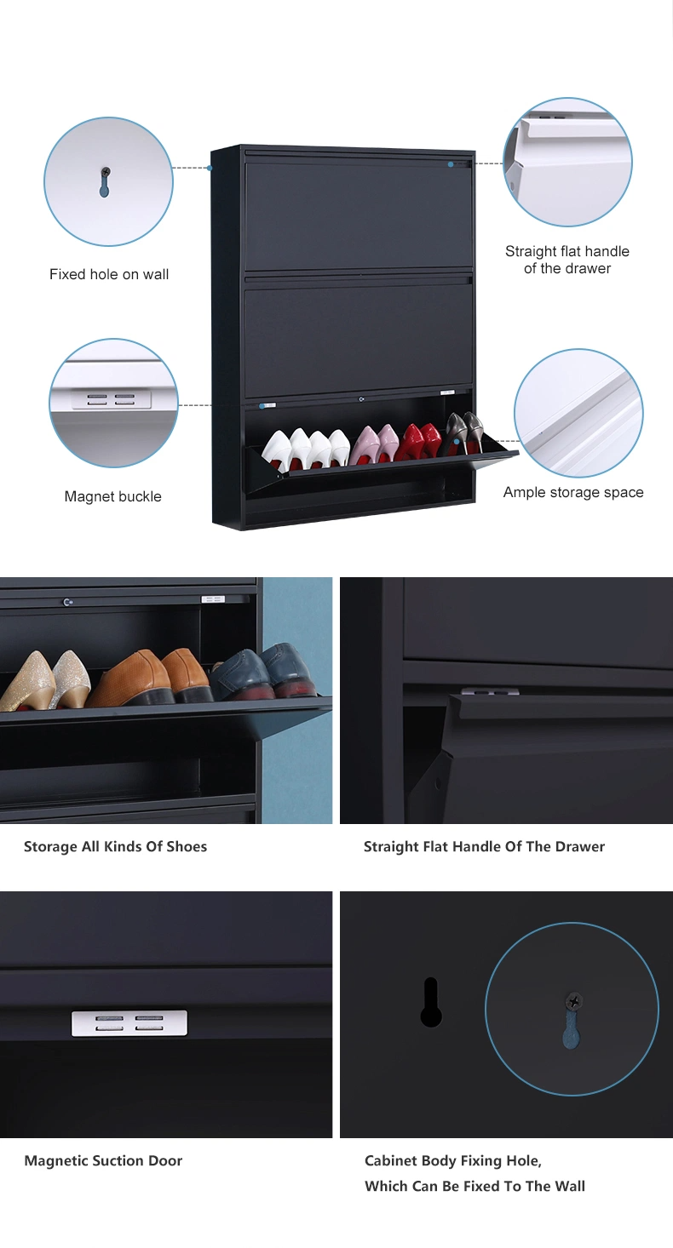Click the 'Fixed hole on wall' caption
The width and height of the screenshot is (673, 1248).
109,274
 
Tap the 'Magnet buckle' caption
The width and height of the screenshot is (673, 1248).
112,496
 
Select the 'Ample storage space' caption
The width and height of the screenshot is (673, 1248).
573,493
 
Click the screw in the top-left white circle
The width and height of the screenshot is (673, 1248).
106,172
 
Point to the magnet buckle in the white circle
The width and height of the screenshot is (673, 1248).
111,398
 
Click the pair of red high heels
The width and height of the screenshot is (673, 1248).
422,441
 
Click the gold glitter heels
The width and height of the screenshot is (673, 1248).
46,680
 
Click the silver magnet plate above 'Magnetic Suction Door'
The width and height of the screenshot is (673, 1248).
129,1022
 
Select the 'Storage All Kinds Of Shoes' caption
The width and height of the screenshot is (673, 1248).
115,847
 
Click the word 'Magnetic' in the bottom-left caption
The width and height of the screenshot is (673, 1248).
56,1160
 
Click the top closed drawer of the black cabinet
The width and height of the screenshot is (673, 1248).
360,215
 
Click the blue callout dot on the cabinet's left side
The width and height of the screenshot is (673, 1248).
210,168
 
